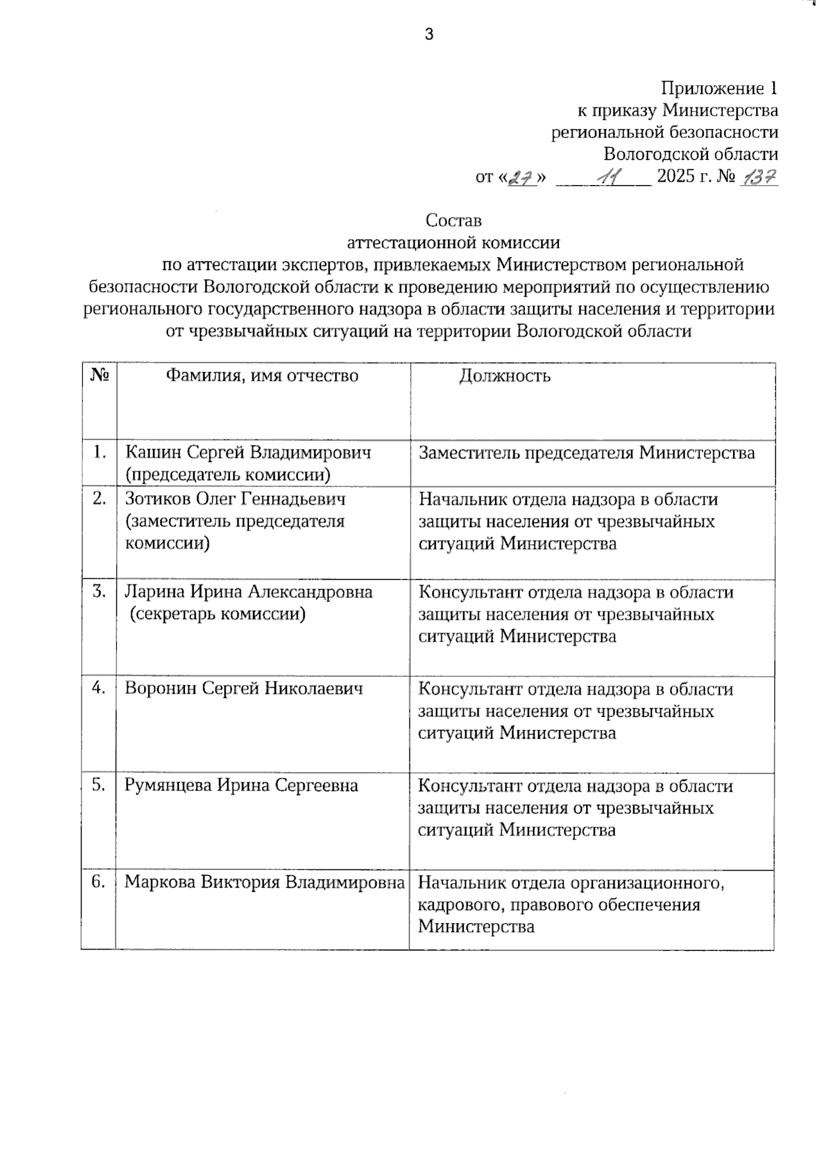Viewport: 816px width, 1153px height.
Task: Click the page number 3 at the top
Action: coord(428,35)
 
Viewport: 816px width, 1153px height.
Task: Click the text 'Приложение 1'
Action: coord(719,88)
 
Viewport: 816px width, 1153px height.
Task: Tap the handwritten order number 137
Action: coord(760,178)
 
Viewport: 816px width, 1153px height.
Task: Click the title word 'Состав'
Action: coord(453,220)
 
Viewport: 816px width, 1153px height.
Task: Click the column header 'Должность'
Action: coord(505,375)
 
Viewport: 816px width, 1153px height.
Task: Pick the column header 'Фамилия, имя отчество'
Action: coord(262,375)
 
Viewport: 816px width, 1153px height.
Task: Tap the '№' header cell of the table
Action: coord(99,375)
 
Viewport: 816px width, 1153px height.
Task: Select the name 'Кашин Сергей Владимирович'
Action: coord(248,452)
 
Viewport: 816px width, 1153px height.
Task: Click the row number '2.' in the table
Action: coord(99,499)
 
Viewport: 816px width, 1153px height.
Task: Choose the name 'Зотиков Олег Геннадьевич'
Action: coord(235,499)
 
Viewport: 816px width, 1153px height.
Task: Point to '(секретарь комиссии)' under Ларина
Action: coord(218,614)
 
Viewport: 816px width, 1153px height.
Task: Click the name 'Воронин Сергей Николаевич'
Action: coord(243,688)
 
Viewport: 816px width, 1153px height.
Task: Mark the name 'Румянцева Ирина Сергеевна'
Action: coord(241,786)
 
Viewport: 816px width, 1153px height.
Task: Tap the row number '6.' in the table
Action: coord(99,882)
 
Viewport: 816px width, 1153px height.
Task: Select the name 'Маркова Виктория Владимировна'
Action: coord(265,883)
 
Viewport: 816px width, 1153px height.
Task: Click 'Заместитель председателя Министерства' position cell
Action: coord(586,453)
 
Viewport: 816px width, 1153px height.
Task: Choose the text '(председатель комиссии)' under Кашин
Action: coord(228,475)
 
